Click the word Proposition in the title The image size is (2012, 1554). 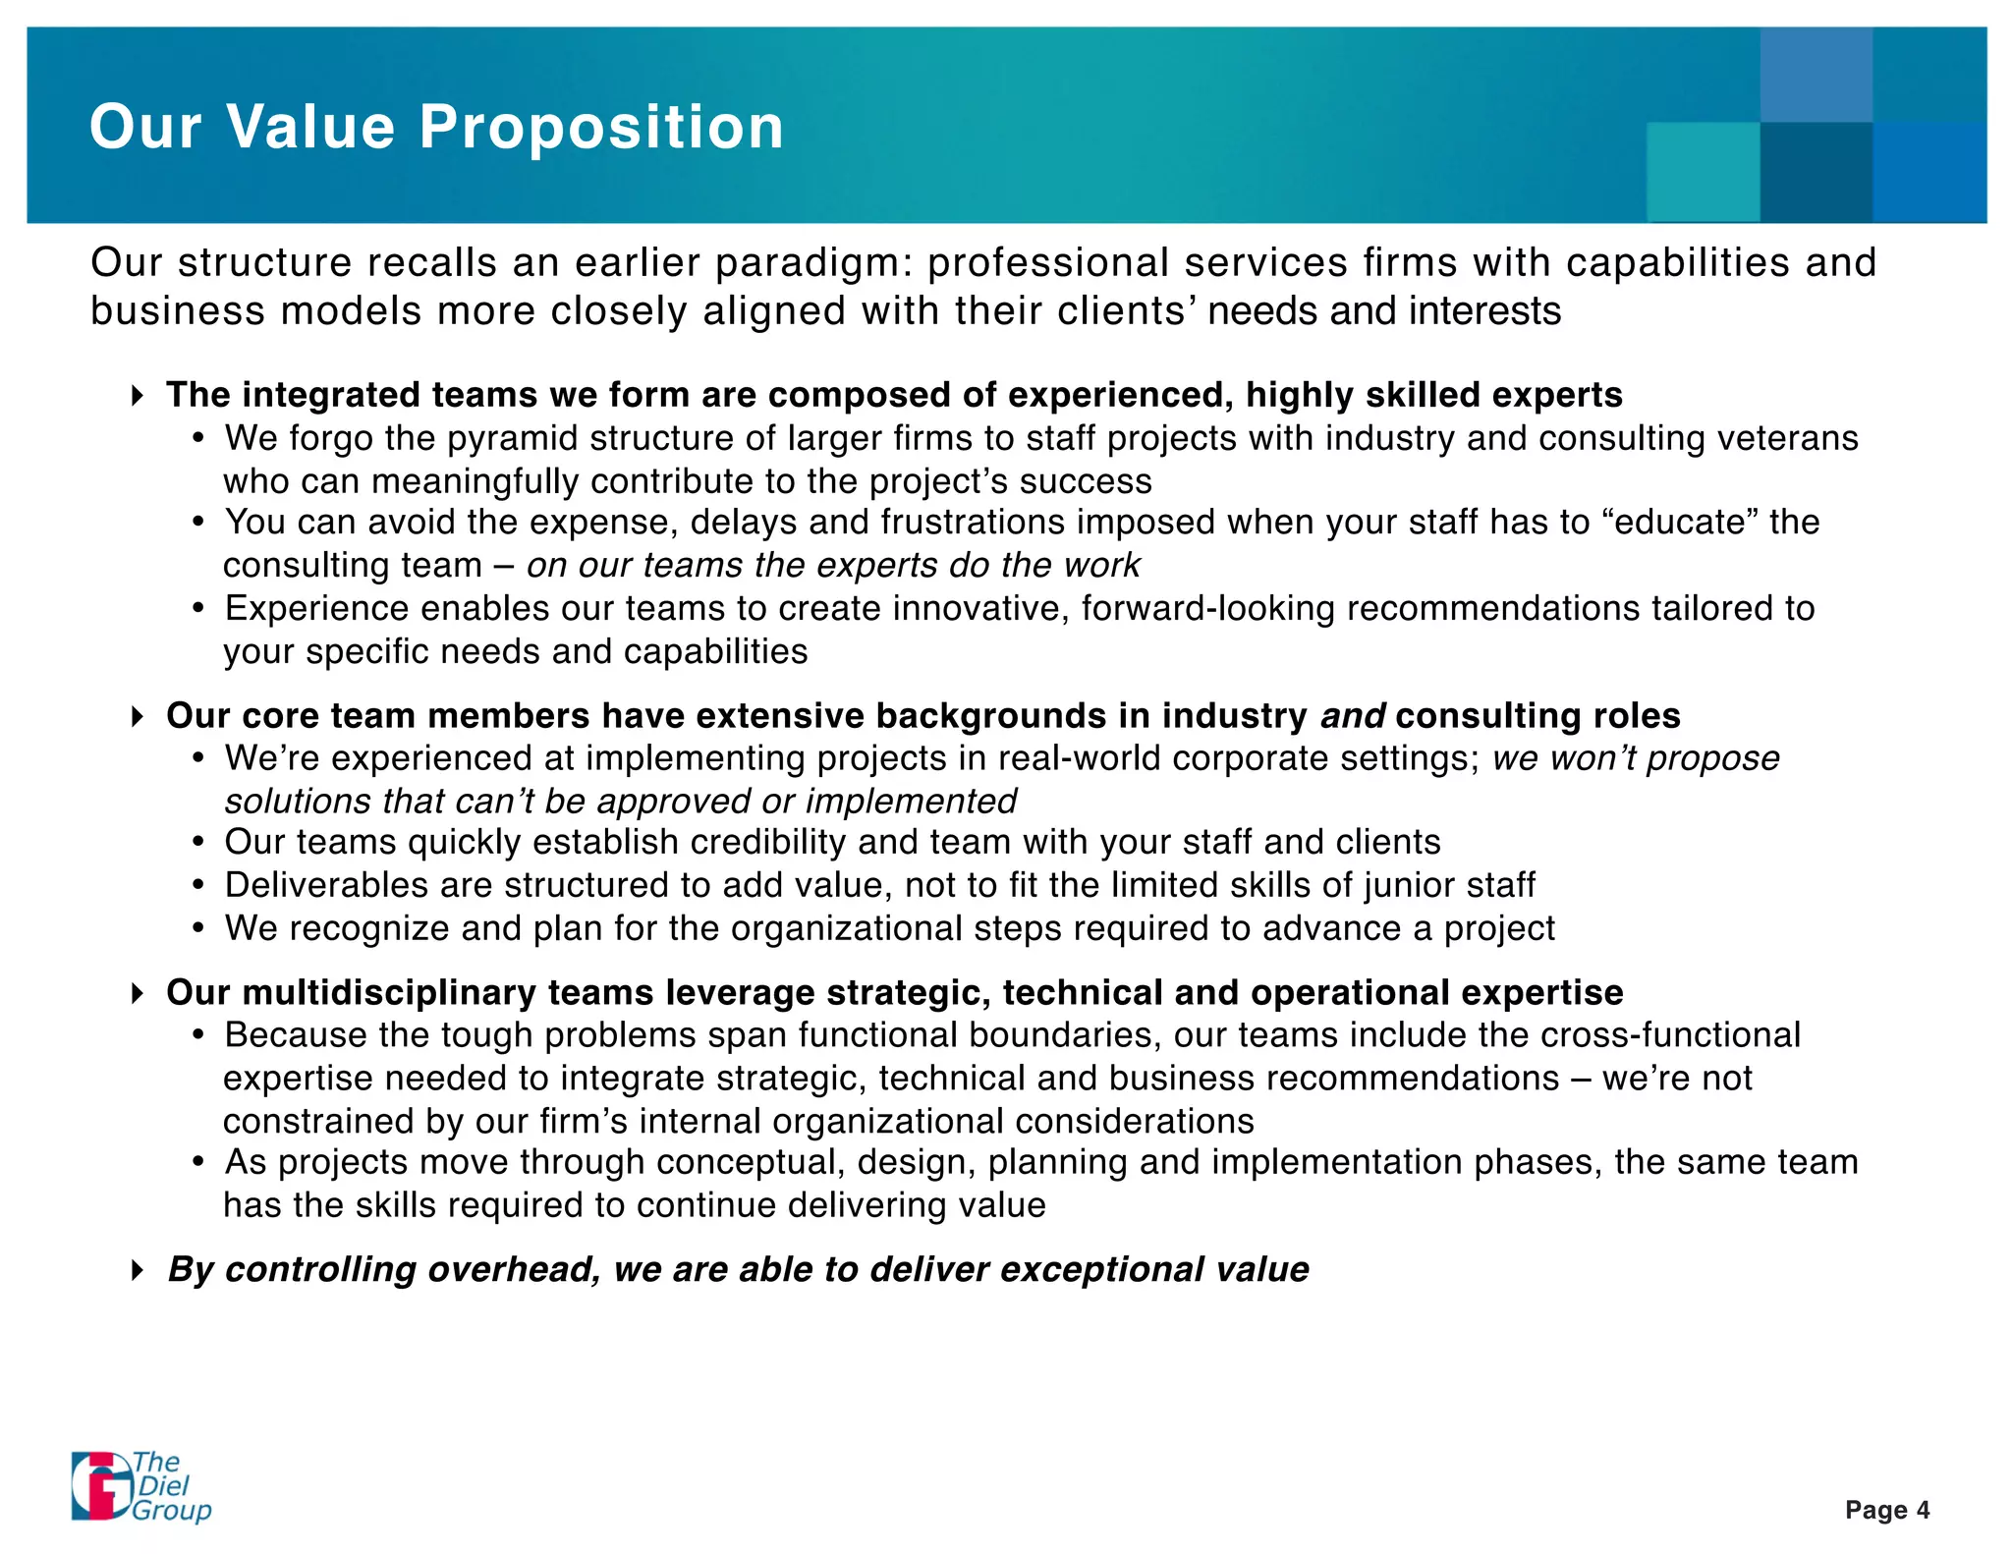[601, 128]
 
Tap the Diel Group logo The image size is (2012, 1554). [140, 1486]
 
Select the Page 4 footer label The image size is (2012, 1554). [1886, 1510]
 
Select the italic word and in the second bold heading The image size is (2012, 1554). [1352, 716]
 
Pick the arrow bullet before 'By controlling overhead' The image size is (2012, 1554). [138, 1270]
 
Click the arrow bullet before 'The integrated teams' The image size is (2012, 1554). [138, 396]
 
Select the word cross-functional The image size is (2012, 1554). [1670, 1035]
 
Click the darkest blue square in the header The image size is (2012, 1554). [1816, 172]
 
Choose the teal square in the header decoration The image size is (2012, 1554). [1703, 172]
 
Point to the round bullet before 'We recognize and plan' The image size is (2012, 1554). [199, 929]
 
